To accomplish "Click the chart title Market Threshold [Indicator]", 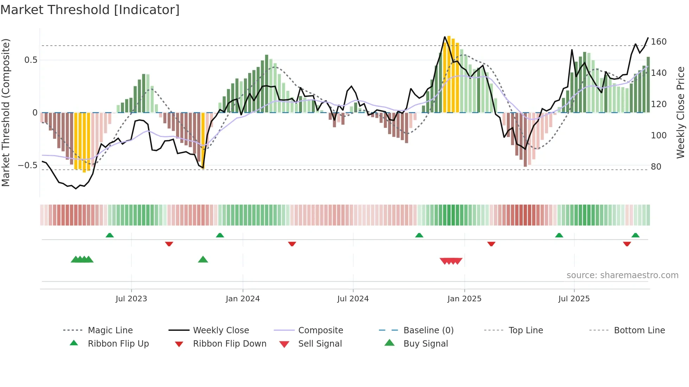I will (x=90, y=10).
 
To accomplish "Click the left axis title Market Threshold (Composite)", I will (x=6, y=112).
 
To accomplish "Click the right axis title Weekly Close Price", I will (x=681, y=112).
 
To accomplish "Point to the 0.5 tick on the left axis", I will (x=31, y=60).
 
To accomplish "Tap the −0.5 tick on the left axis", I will (x=28, y=165).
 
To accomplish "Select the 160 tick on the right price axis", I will (x=658, y=42).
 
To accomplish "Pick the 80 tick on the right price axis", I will (x=656, y=167).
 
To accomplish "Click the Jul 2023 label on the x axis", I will (x=131, y=299).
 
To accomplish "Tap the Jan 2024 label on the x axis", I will (x=243, y=299).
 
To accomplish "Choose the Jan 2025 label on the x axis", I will (x=464, y=299).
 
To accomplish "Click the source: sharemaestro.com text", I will (x=622, y=275).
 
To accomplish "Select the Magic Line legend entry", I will (x=110, y=330).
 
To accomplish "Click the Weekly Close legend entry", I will (x=221, y=330).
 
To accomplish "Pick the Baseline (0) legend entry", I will (x=428, y=330).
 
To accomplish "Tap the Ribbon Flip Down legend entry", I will (x=230, y=344).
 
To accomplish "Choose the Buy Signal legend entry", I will (x=425, y=344).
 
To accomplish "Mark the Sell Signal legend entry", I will (x=320, y=344).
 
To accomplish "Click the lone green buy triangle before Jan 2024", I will (x=203, y=260).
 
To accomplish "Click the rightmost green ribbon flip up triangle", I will (x=635, y=235).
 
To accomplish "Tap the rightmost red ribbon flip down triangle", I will (x=627, y=244).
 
